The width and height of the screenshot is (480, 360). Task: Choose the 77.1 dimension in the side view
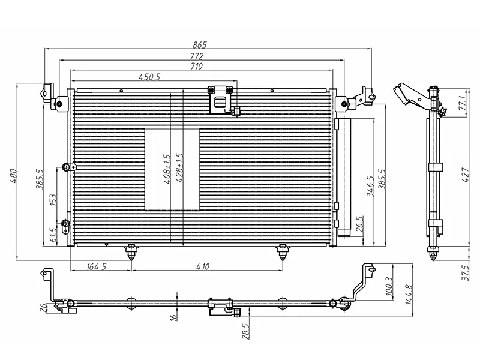[463, 102]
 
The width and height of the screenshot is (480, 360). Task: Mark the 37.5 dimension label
[463, 271]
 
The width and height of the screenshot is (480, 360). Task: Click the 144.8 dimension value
[409, 295]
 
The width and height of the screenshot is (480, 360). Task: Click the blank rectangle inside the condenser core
[172, 170]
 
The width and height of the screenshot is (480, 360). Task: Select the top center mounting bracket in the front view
[221, 99]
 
